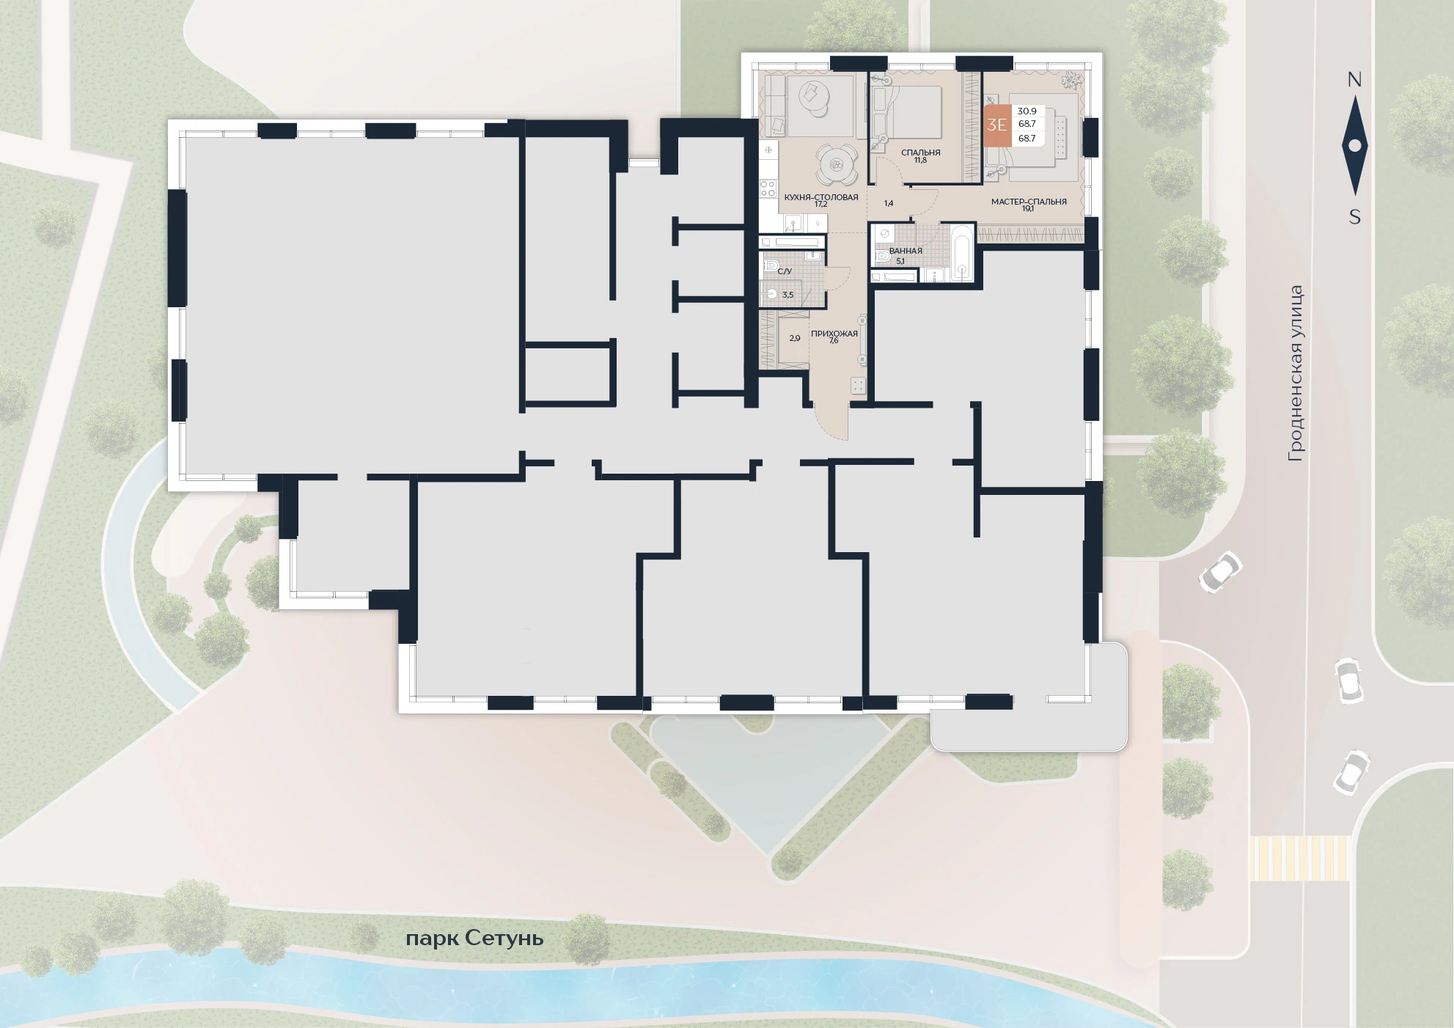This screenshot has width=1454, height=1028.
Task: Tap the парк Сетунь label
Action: point(474,939)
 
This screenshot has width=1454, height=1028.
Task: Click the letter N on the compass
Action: point(1354,80)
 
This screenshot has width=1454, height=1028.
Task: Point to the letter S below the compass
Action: point(1354,217)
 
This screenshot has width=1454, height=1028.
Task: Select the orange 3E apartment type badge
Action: point(997,125)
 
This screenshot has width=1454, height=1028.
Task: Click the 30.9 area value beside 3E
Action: point(1027,111)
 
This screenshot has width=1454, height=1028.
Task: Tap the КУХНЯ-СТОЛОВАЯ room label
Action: point(821,197)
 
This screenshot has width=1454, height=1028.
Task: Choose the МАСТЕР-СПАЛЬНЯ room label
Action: point(1029,202)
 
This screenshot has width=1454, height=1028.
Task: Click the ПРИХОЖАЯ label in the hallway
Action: point(834,334)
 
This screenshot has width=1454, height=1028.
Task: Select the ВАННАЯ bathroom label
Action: point(906,251)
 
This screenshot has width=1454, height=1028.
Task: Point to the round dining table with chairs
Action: point(837,166)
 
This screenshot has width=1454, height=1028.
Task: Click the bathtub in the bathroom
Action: point(962,252)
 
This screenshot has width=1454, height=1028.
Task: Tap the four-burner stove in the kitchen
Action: point(768,188)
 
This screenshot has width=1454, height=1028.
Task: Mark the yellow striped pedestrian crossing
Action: point(1299,858)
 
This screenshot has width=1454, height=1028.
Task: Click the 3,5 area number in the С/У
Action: point(788,295)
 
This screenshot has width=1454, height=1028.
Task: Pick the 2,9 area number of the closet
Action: point(795,338)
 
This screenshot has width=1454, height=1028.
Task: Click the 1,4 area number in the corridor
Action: point(889,203)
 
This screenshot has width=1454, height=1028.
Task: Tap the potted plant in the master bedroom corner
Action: point(1071,80)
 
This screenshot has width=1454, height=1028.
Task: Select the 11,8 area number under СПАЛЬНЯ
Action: point(920,160)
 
